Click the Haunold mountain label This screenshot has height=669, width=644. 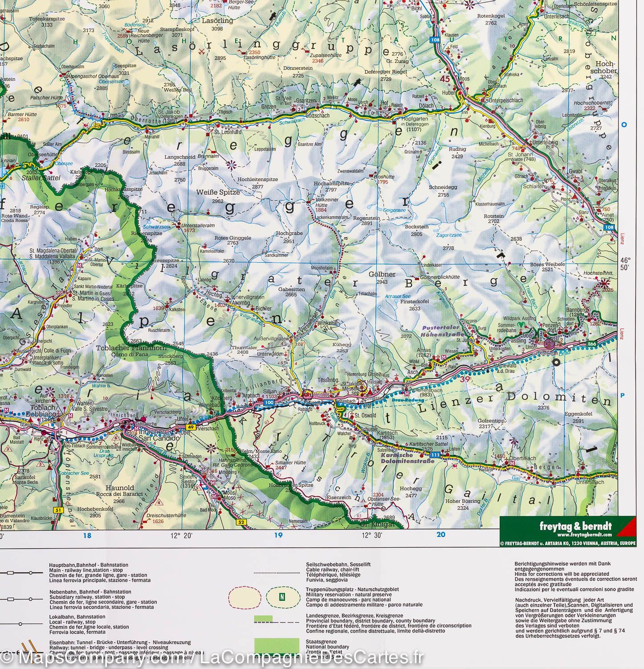116,488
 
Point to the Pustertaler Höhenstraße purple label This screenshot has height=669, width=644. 442,331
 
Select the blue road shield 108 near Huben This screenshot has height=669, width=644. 434,40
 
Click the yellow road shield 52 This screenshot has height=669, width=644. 241,522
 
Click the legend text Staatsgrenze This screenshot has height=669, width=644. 319,640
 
